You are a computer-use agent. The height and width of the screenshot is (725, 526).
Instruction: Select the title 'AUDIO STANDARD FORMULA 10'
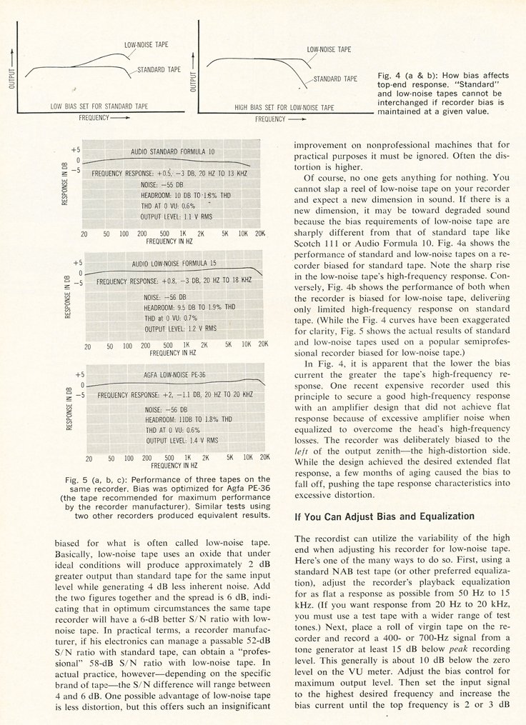173,152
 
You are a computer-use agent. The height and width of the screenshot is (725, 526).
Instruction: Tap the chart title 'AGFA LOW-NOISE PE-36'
168,374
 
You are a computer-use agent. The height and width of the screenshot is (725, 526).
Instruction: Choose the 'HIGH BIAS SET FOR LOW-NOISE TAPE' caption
284,107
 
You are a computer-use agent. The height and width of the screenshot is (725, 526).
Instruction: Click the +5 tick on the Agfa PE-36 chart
80,374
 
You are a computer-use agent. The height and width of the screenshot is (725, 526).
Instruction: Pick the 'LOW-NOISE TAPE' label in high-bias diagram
328,50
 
